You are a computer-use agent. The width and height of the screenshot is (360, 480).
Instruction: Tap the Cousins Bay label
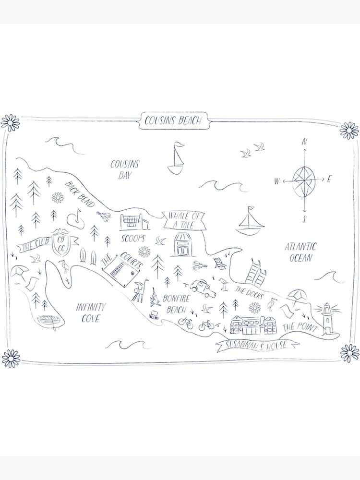(125, 169)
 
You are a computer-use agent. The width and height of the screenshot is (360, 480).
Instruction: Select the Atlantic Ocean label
(301, 252)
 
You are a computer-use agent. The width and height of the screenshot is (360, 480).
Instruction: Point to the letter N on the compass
(304, 142)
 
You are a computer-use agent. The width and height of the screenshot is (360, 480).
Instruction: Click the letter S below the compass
(304, 220)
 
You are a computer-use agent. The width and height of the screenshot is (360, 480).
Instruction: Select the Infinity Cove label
(91, 312)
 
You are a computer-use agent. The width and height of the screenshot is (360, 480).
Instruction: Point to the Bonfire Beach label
(177, 304)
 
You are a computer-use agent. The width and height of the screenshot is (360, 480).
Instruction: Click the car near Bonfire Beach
(201, 286)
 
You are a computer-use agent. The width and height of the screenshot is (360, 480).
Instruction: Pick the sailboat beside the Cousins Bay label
(176, 158)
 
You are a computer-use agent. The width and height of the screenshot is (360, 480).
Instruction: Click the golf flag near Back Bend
(76, 218)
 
